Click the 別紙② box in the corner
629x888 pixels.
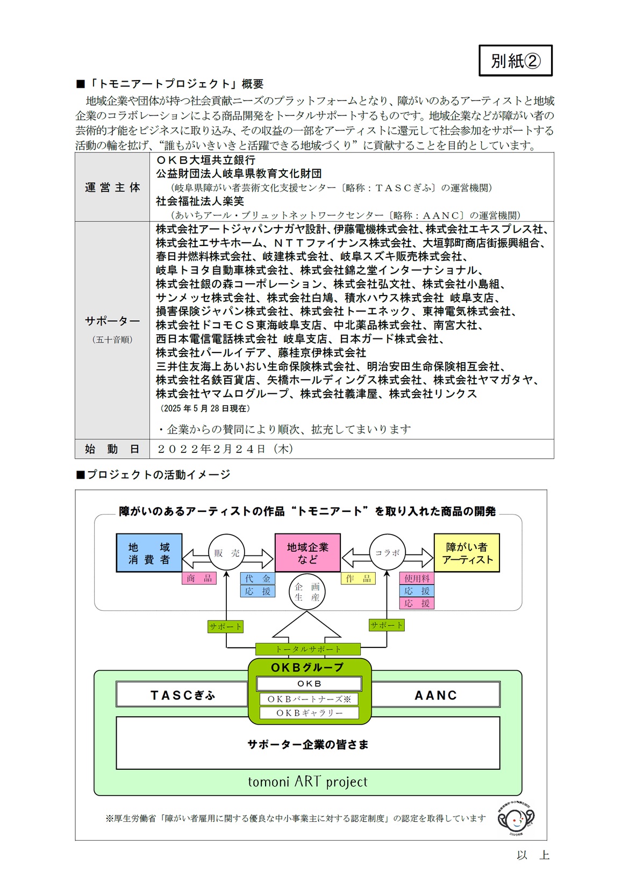tap(516, 61)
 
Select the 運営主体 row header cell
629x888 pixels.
tap(112, 187)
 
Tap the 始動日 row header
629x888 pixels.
tap(112, 449)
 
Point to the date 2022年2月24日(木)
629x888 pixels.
tap(225, 449)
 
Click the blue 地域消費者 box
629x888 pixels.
tap(149, 553)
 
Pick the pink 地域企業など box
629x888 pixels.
tap(308, 553)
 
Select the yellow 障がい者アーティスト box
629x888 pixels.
tap(467, 553)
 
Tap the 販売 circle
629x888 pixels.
tap(226, 553)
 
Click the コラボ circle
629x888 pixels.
tap(387, 553)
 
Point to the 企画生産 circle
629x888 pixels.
tap(307, 592)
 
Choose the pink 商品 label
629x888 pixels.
tap(199, 579)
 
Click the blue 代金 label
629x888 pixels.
tap(258, 579)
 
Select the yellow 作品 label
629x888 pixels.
tap(358, 579)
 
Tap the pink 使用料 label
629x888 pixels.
tap(417, 579)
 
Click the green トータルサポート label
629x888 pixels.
tap(308, 649)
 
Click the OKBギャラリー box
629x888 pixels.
tap(309, 713)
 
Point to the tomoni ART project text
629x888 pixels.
tap(308, 782)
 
